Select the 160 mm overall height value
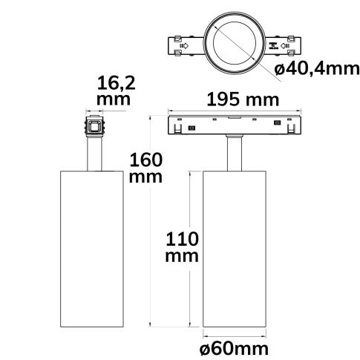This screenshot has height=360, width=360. tap(145, 168)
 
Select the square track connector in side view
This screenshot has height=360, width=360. tap(94, 126)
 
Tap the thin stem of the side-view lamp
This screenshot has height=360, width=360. tap(94, 154)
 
